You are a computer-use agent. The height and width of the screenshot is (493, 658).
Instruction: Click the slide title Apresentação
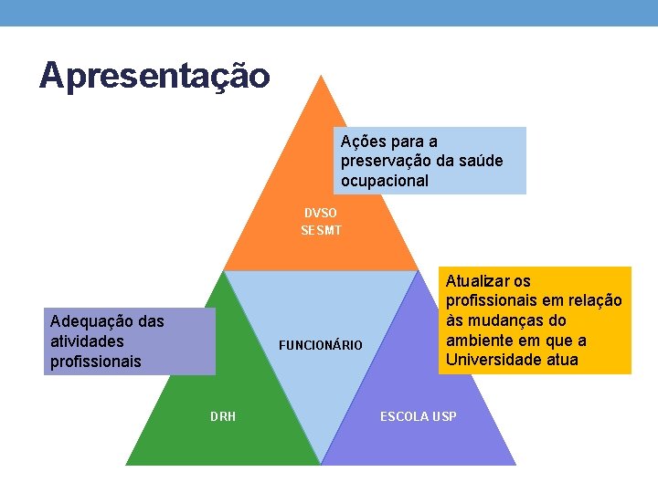click(154, 76)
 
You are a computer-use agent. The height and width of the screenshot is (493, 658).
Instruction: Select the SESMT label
click(321, 231)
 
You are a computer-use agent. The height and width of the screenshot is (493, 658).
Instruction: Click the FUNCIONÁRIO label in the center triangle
click(321, 345)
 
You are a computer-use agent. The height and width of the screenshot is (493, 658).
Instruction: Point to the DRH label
click(223, 416)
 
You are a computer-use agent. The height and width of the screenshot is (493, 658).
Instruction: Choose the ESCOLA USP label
click(419, 416)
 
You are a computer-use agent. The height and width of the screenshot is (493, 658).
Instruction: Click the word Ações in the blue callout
click(363, 142)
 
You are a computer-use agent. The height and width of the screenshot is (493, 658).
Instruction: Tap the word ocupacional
click(384, 181)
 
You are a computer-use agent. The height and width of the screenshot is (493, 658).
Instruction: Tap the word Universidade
click(491, 360)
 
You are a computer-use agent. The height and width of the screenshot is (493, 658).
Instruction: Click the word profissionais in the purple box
click(96, 362)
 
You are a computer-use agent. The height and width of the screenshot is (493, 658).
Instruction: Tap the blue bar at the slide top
click(329, 13)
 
